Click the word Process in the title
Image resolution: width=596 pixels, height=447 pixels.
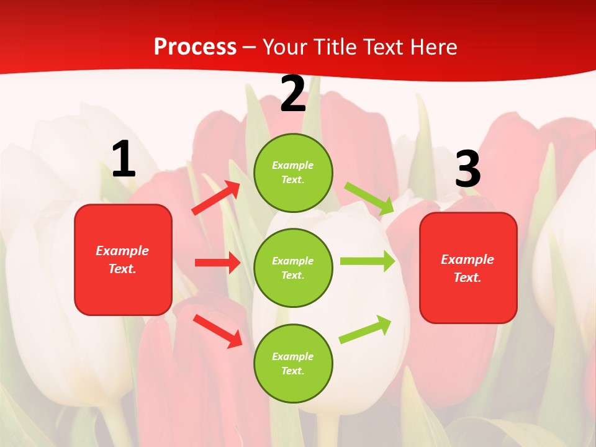point(195,47)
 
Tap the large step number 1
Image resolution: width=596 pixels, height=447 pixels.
point(124,160)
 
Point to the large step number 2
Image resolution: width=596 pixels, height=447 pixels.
point(293,94)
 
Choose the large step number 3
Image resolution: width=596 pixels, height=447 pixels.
point(467,169)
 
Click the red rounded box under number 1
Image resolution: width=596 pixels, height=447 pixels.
point(123,260)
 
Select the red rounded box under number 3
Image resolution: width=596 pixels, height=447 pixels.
point(468,268)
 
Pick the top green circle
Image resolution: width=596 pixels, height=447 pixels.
point(293,173)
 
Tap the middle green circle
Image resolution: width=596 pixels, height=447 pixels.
point(293,268)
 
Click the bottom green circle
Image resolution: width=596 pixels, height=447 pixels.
point(293,363)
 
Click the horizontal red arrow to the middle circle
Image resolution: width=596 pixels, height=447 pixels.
point(217,263)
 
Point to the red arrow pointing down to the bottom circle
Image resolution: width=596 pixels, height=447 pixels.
point(217,330)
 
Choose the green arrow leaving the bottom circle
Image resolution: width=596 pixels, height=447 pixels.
point(365,329)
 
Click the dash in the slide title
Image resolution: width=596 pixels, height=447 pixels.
point(250,47)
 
